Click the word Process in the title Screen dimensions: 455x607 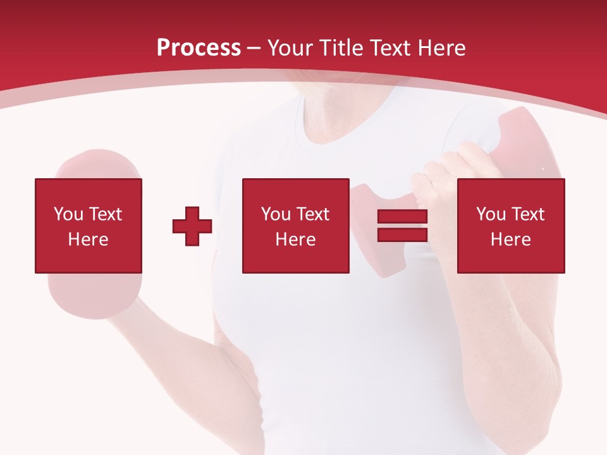coord(199,48)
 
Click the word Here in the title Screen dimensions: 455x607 coord(442,48)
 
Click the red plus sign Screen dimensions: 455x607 coord(192,226)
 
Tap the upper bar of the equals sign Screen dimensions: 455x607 coord(402,217)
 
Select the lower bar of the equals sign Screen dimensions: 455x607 coord(402,234)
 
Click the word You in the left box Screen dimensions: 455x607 coord(68,214)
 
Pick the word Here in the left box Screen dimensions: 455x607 coord(88,240)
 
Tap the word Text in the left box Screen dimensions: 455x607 coord(105,214)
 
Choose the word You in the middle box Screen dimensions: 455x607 coord(276,214)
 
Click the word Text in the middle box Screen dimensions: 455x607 coord(312,214)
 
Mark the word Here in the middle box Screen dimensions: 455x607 coord(295,240)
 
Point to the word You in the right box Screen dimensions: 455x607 coord(491,214)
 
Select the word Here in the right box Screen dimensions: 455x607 coord(510,240)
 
